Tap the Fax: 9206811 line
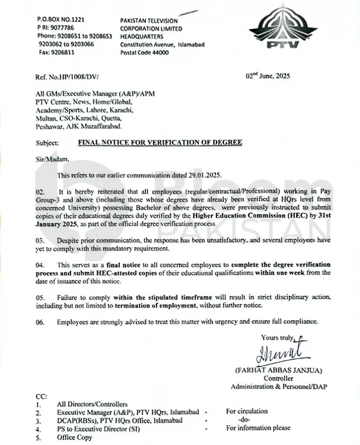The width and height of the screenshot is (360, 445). pyautogui.click(x=56, y=53)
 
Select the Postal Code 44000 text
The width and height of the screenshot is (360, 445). pyautogui.click(x=144, y=53)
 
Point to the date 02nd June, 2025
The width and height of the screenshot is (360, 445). pyautogui.click(x=268, y=76)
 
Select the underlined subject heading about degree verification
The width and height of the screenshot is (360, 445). pyautogui.click(x=161, y=143)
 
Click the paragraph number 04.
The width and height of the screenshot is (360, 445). pyautogui.click(x=40, y=265)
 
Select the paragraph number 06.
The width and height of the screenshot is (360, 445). pyautogui.click(x=40, y=322)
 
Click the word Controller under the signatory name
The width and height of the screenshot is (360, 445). pyautogui.click(x=279, y=379)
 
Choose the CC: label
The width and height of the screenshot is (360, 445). pyautogui.click(x=41, y=396)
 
